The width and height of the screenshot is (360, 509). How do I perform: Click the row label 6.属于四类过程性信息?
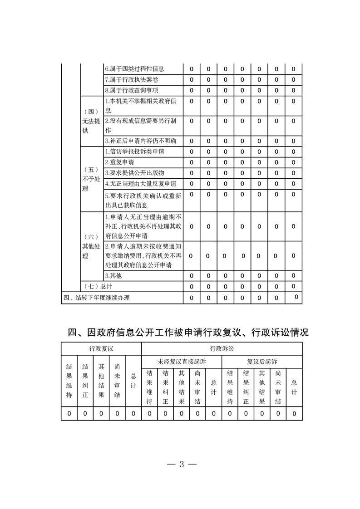pos(134,69)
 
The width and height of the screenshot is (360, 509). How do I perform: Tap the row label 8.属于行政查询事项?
pos(131,90)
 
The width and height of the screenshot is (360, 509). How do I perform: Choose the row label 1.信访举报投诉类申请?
pos(134,152)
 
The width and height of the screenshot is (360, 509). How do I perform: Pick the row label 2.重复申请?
pos(119,162)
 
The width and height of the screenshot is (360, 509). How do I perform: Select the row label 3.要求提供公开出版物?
pos(134,173)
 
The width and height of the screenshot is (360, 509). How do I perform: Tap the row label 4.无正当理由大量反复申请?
pos(140,184)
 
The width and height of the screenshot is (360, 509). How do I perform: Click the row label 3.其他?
pos(113,275)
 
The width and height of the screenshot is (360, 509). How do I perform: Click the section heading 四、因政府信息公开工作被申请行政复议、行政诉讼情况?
pos(188,333)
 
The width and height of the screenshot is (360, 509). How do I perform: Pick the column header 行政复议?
pos(101,348)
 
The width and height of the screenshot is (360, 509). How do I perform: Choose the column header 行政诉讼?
pos(222,348)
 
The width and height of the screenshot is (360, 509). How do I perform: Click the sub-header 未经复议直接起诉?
pos(182,362)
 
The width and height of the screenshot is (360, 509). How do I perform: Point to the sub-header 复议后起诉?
pos(262,362)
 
